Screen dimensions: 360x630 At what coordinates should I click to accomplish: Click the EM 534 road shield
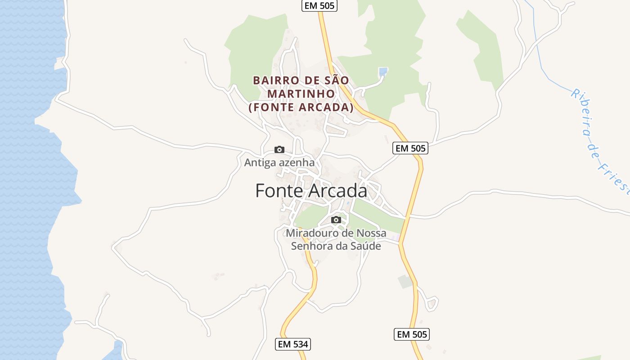pyautogui.click(x=293, y=344)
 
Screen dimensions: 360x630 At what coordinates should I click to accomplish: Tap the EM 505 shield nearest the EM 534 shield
pyautogui.click(x=412, y=334)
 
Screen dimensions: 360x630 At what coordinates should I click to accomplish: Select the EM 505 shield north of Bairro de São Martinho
pyautogui.click(x=319, y=5)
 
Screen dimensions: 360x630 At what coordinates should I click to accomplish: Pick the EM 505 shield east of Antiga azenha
pyautogui.click(x=410, y=148)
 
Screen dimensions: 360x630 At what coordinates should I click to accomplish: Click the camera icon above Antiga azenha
pyautogui.click(x=279, y=149)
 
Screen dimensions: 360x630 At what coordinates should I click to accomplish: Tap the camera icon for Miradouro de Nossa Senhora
pyautogui.click(x=336, y=220)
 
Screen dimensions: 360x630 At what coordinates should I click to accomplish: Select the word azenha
pyautogui.click(x=296, y=162)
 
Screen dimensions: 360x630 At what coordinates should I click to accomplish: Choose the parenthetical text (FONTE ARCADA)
pyautogui.click(x=301, y=108)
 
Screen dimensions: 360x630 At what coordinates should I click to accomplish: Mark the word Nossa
pyautogui.click(x=371, y=233)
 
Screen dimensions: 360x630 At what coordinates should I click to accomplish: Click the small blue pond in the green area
pyautogui.click(x=383, y=71)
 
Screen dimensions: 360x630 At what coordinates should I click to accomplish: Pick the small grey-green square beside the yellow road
pyautogui.click(x=405, y=282)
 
